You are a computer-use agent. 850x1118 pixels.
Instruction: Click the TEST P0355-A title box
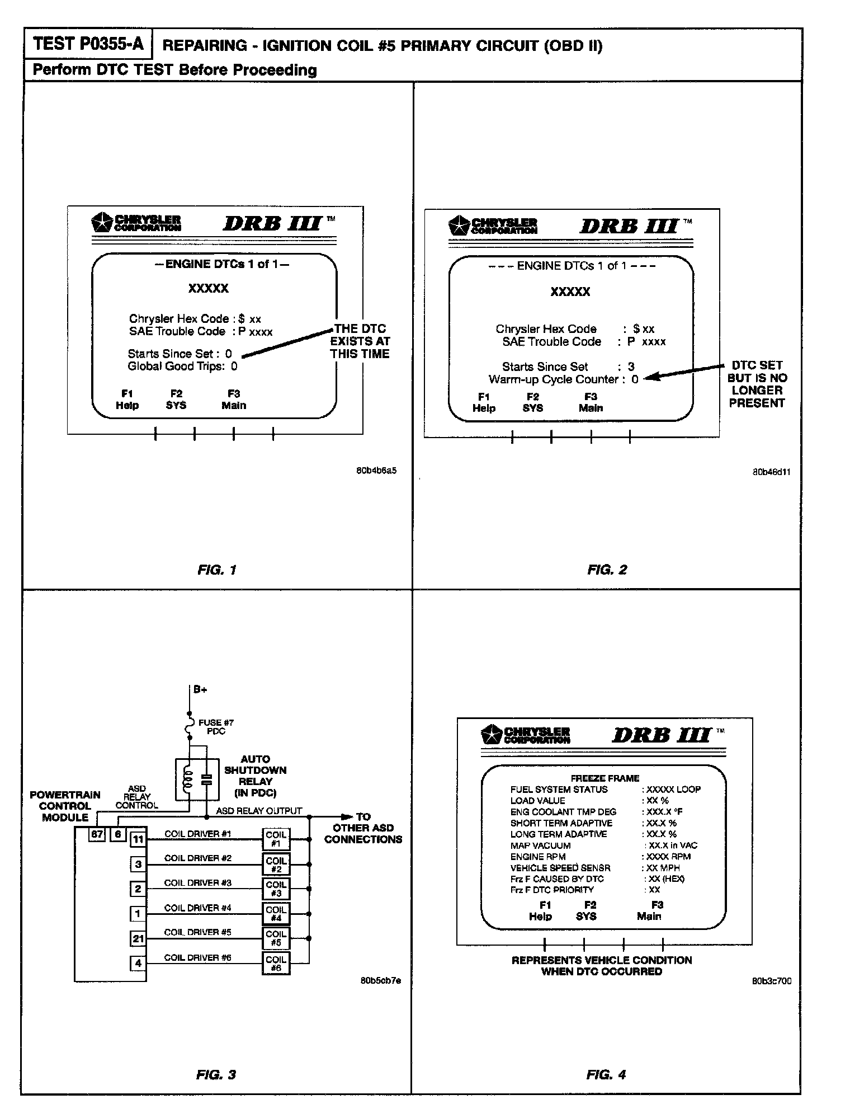[x=88, y=44]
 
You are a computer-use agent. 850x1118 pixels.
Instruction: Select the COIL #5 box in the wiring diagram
[x=276, y=938]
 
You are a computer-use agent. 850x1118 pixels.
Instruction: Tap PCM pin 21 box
[x=138, y=938]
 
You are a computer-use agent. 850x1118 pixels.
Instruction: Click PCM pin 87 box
[x=98, y=834]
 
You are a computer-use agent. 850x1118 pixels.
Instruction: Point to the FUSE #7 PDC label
[x=216, y=726]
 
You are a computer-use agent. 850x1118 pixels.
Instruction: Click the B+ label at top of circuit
[x=200, y=689]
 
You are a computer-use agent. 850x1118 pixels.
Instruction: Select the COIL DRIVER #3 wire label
[x=197, y=882]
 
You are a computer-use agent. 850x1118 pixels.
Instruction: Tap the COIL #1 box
[x=276, y=839]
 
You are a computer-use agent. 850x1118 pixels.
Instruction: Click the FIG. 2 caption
[x=607, y=570]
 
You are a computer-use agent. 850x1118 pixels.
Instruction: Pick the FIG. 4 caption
[x=606, y=1074]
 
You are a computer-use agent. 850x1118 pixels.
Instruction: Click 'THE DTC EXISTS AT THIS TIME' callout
[x=360, y=341]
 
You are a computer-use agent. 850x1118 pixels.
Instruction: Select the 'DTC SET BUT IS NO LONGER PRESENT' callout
[x=757, y=384]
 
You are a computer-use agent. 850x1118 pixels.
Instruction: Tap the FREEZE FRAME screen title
[x=605, y=778]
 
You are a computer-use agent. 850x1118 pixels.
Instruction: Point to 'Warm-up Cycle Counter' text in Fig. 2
[x=554, y=379]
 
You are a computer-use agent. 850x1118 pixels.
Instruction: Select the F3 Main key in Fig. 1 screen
[x=234, y=400]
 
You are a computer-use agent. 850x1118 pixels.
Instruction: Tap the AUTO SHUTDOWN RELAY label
[x=255, y=776]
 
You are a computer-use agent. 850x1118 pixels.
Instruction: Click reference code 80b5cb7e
[x=380, y=980]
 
